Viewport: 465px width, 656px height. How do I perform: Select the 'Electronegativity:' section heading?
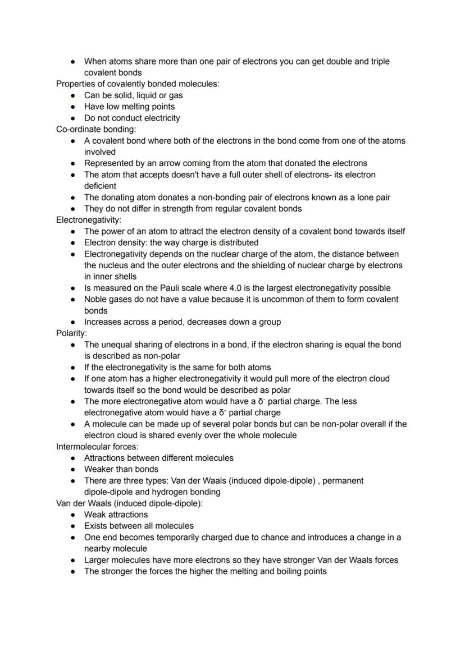pyautogui.click(x=88, y=220)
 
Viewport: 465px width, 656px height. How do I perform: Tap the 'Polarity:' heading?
pyautogui.click(x=71, y=333)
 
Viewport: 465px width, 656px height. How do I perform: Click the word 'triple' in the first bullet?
pyautogui.click(x=377, y=61)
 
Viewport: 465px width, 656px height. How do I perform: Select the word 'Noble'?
pyautogui.click(x=97, y=299)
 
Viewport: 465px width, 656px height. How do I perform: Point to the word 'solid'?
pyautogui.click(x=122, y=95)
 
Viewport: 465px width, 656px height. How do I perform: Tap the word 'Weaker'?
pyautogui.click(x=99, y=469)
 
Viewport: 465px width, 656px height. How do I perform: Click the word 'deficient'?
pyautogui.click(x=101, y=186)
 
